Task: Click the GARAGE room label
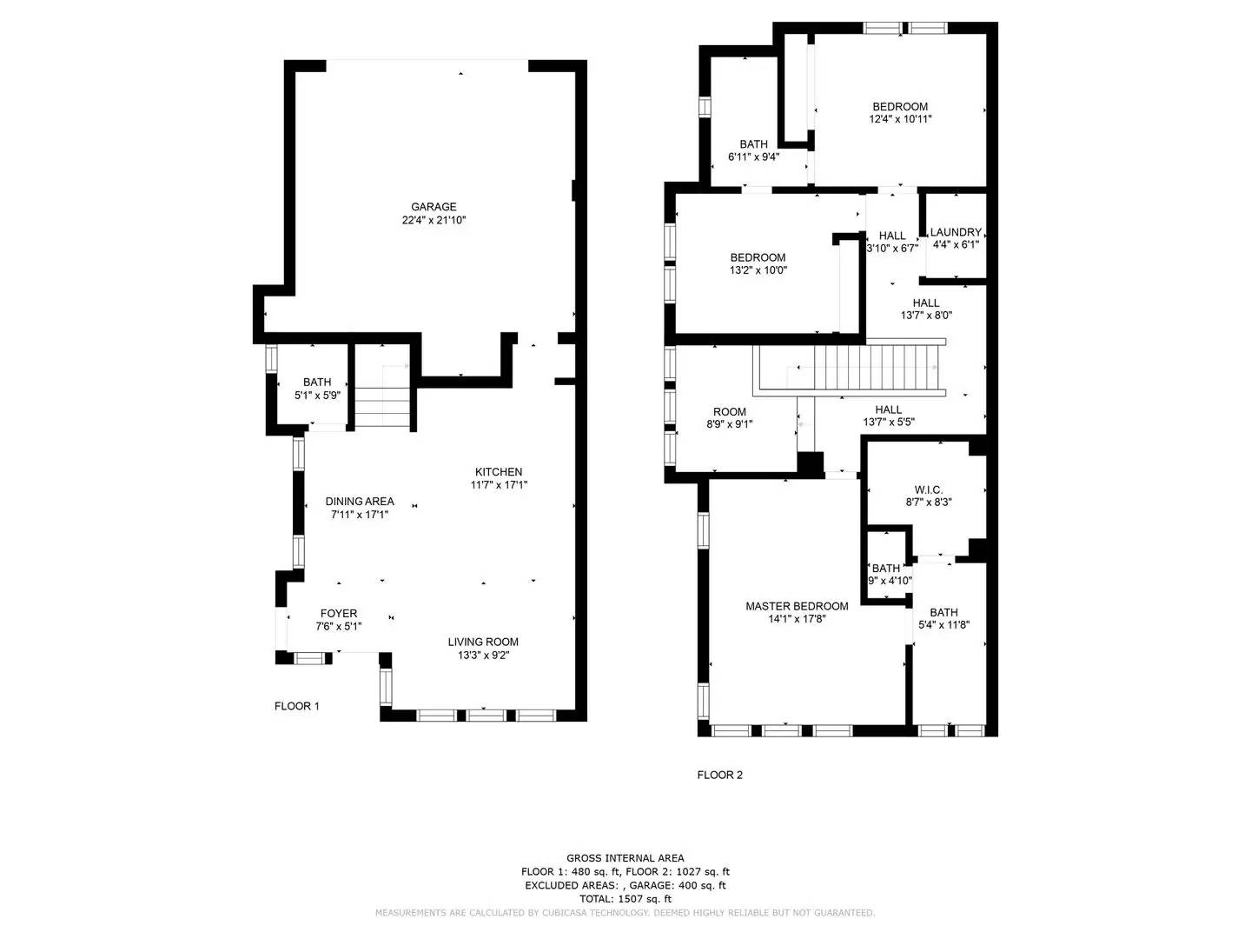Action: [x=434, y=207]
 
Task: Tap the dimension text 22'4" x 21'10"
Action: [x=434, y=221]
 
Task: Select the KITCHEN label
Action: [x=499, y=472]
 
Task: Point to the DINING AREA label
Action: [x=360, y=502]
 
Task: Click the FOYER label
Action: [x=338, y=614]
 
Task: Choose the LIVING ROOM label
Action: [x=483, y=643]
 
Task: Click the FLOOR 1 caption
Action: [x=297, y=706]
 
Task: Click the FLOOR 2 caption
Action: [x=720, y=776]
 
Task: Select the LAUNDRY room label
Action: [x=956, y=232]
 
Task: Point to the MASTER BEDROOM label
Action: [x=797, y=607]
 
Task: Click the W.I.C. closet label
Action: [x=928, y=490]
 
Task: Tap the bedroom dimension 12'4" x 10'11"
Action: [x=900, y=120]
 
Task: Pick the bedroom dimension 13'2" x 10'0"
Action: [x=758, y=270]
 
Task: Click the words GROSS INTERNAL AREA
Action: [x=625, y=858]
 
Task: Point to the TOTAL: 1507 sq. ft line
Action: [x=625, y=899]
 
